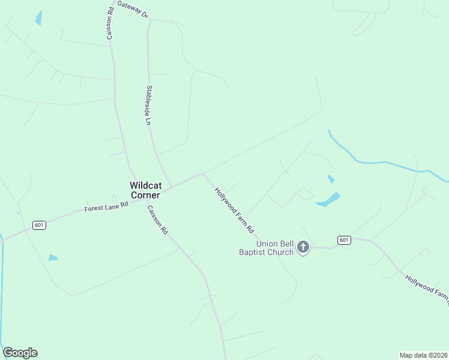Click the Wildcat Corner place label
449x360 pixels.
[145, 190]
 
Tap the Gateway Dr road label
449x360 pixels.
[133, 9]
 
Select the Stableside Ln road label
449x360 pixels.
[148, 105]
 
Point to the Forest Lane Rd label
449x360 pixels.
[106, 206]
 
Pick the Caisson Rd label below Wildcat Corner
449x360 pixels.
[157, 220]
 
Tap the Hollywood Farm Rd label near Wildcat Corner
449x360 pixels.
[235, 210]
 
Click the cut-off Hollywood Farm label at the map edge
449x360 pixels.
[426, 287]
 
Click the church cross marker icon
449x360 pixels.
[303, 247]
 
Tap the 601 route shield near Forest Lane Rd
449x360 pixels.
[39, 225]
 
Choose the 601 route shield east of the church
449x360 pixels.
[343, 239]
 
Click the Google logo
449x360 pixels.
[20, 353]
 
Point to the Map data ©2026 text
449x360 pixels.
[423, 355]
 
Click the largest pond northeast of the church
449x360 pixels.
[328, 200]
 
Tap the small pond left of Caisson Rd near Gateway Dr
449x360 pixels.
[39, 18]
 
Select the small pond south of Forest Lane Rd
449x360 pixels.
[53, 257]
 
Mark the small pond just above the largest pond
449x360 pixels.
[331, 179]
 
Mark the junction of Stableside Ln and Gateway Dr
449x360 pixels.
[149, 19]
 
